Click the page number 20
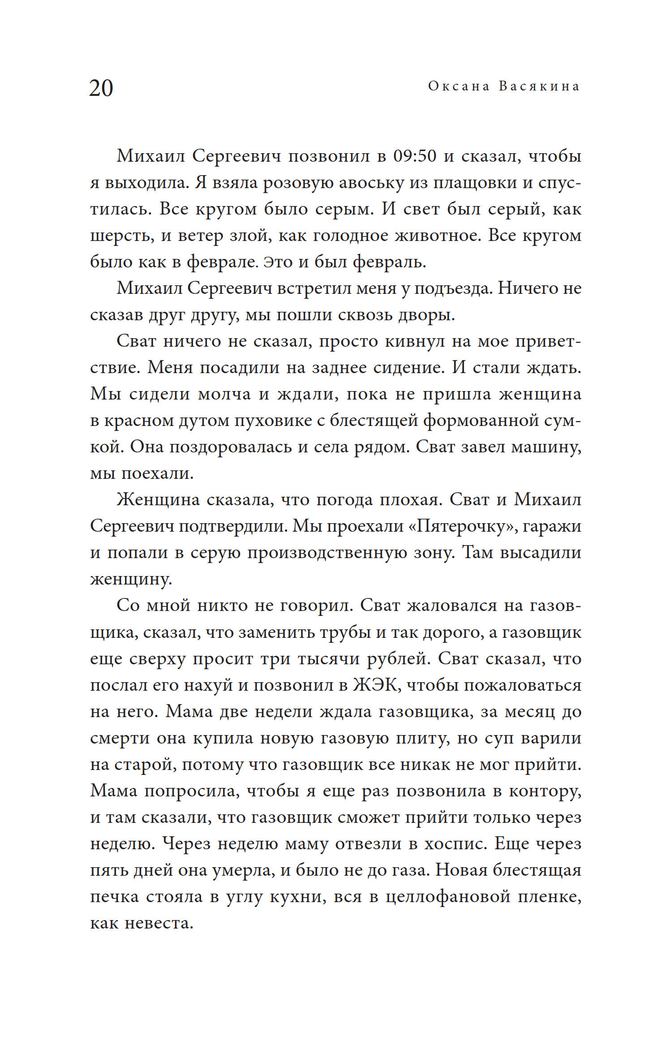101,88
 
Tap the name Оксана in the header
459,86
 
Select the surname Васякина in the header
539,86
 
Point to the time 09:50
415,156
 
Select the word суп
499,738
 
